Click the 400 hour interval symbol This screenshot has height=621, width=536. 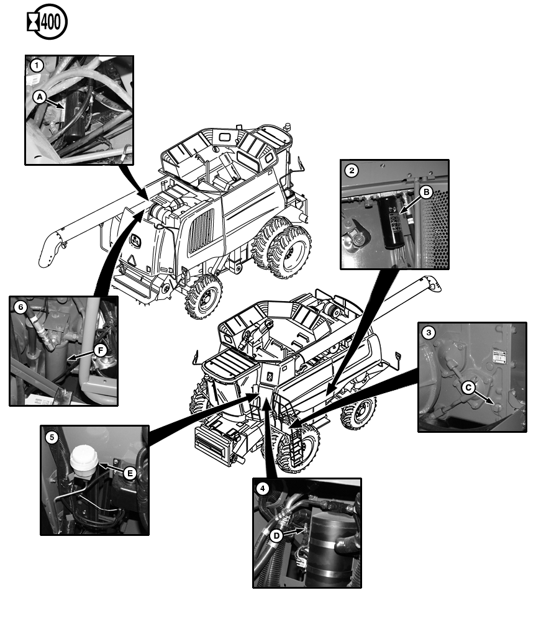point(47,23)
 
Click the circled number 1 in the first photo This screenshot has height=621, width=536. point(37,65)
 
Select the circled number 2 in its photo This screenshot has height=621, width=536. point(352,170)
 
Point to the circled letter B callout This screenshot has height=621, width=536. point(425,192)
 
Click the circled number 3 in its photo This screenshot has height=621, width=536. point(429,332)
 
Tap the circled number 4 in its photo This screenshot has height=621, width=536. point(263,488)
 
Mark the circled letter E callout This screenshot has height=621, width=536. point(129,473)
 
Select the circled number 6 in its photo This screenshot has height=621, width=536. point(21,307)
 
